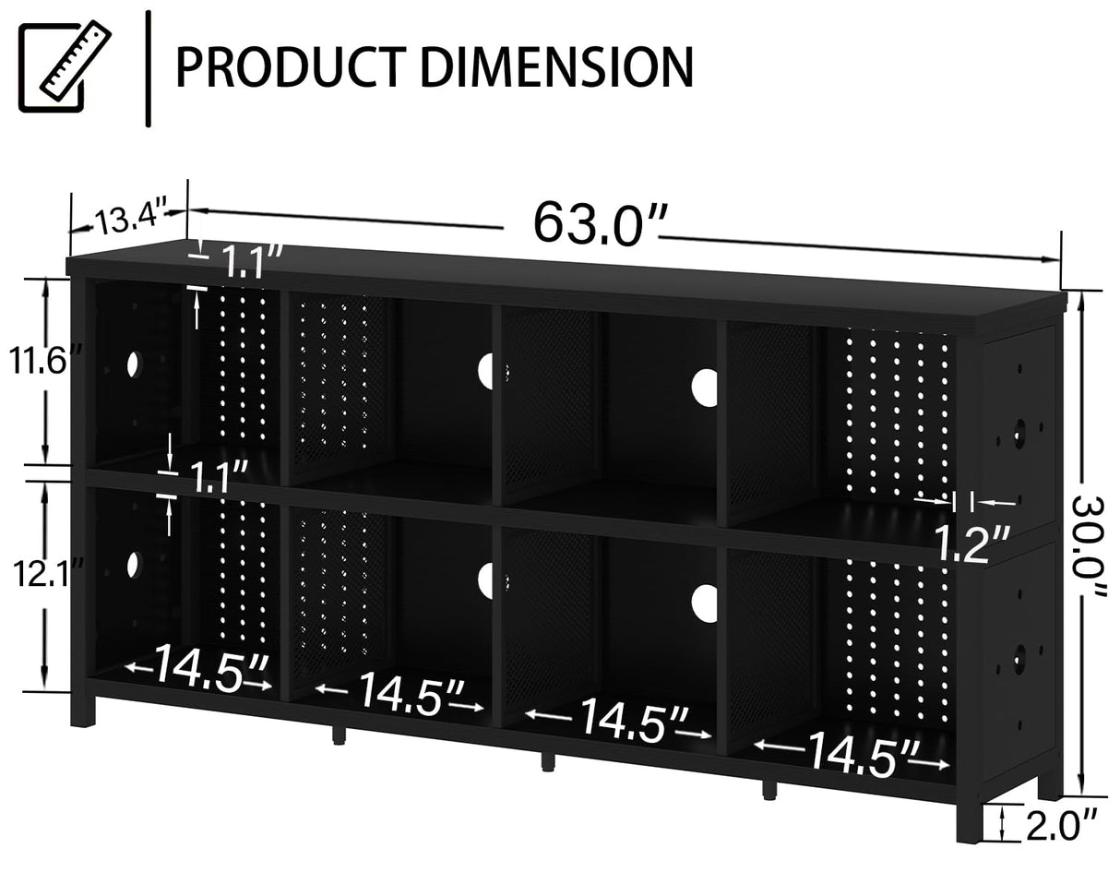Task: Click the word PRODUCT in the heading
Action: point(287,66)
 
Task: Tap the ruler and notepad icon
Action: point(65,66)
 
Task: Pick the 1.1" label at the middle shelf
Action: point(217,478)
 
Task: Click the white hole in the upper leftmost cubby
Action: point(132,363)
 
